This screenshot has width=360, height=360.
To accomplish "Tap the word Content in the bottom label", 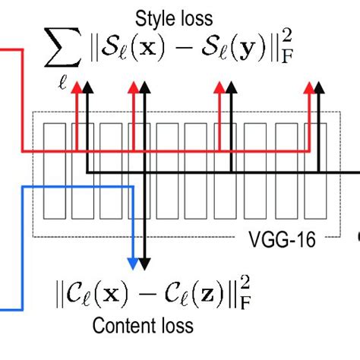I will pos(118,327).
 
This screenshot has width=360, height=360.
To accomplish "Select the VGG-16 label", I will pos(279,241).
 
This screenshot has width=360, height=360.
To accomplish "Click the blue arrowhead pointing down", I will pos(134,264).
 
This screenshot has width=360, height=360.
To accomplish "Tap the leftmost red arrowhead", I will pos(76,88).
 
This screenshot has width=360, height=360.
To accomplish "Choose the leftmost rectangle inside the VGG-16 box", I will pos(54,172).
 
